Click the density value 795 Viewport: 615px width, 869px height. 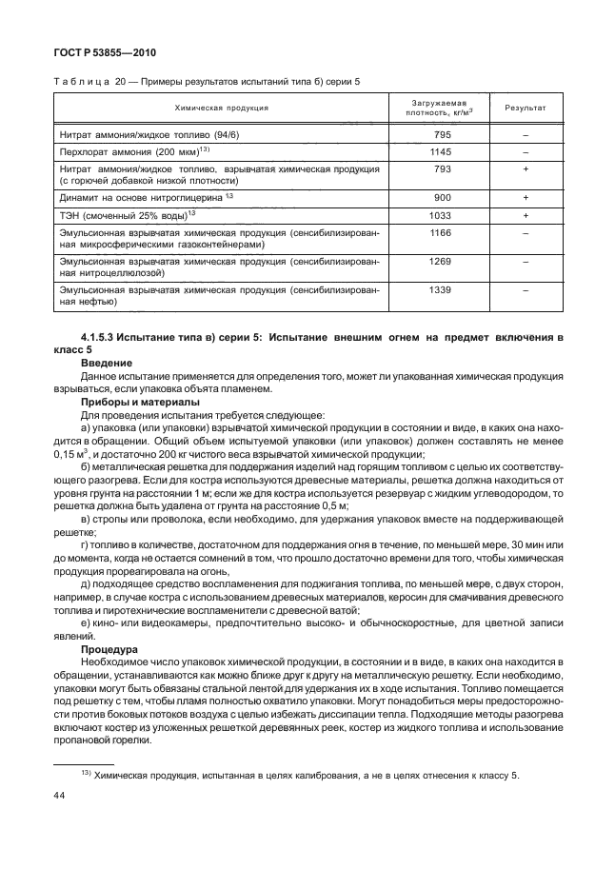click(441, 134)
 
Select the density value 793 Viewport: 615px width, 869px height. click(441, 168)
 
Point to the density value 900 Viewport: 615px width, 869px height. click(441, 197)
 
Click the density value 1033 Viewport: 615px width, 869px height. click(441, 215)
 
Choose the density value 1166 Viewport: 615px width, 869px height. click(441, 232)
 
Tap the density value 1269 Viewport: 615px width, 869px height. click(441, 261)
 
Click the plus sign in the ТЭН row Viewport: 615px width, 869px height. click(525, 215)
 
